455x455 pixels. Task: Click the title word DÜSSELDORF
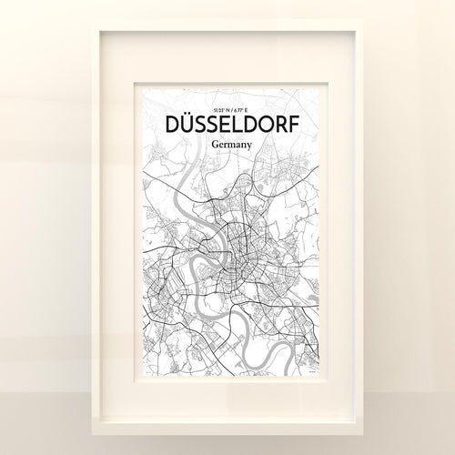(x=227, y=122)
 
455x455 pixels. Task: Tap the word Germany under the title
(x=227, y=143)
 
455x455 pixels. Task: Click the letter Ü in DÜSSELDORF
(x=186, y=122)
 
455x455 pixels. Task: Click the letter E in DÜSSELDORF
(x=217, y=122)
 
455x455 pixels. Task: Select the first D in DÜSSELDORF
(x=169, y=122)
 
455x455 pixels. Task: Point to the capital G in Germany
(x=210, y=143)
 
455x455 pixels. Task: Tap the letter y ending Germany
(x=246, y=145)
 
